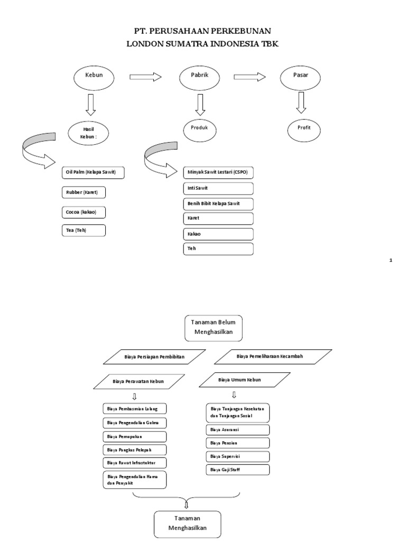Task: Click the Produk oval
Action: tap(200, 128)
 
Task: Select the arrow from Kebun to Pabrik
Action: tap(145, 77)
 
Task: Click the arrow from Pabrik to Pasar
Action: tap(250, 77)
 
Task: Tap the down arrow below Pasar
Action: tap(301, 102)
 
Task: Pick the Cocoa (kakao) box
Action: tap(83, 212)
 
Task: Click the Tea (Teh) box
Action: tap(83, 231)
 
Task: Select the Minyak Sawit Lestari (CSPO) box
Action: tap(218, 173)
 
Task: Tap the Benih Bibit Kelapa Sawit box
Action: tap(218, 203)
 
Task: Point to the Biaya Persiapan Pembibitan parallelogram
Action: tap(154, 357)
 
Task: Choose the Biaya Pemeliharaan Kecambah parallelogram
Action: tap(274, 357)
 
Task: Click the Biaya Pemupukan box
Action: tap(134, 436)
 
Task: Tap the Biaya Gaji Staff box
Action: tap(238, 470)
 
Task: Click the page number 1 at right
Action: tap(391, 260)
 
